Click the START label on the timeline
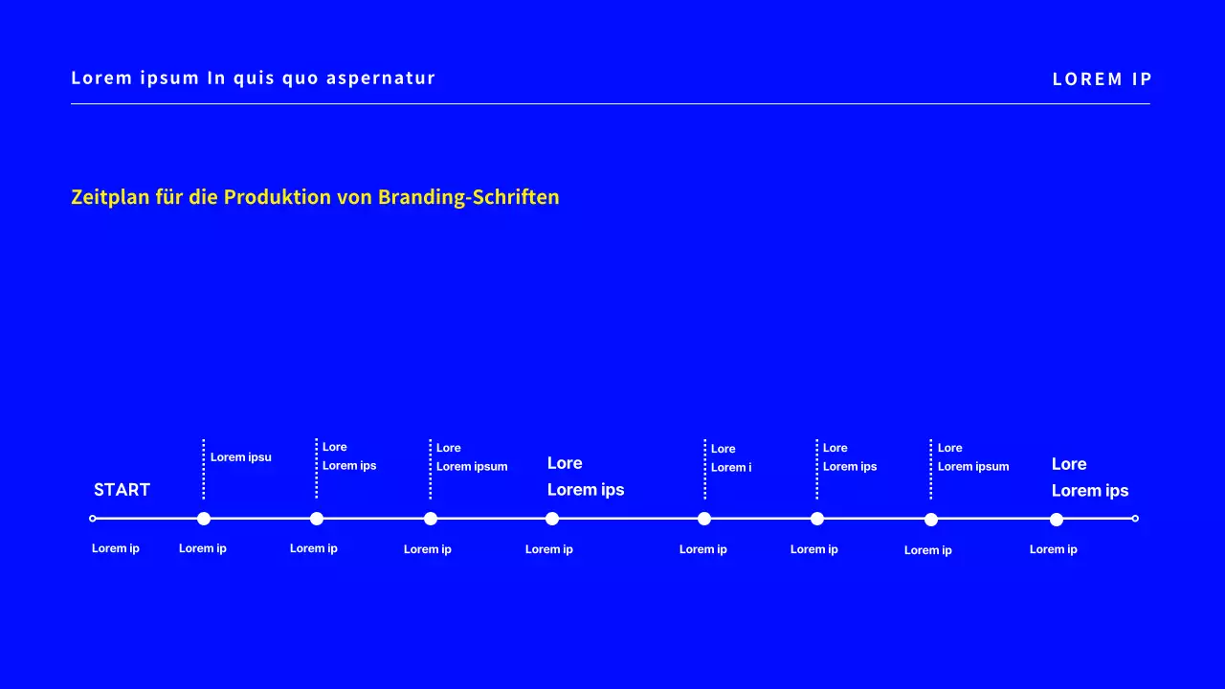(x=122, y=490)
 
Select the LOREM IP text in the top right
(x=1102, y=79)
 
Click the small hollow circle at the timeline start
(x=93, y=519)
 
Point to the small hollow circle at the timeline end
(x=1135, y=519)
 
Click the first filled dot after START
(x=204, y=519)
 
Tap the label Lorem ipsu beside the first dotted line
(x=241, y=457)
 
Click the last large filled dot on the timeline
(x=1057, y=520)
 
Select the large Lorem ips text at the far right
(x=1090, y=491)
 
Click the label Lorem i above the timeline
(x=731, y=468)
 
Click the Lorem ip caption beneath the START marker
(x=116, y=548)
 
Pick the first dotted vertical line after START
(x=204, y=469)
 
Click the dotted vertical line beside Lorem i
(x=705, y=469)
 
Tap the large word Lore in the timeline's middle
(x=565, y=463)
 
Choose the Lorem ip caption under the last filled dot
(x=1054, y=549)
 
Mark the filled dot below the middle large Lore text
(x=552, y=519)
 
